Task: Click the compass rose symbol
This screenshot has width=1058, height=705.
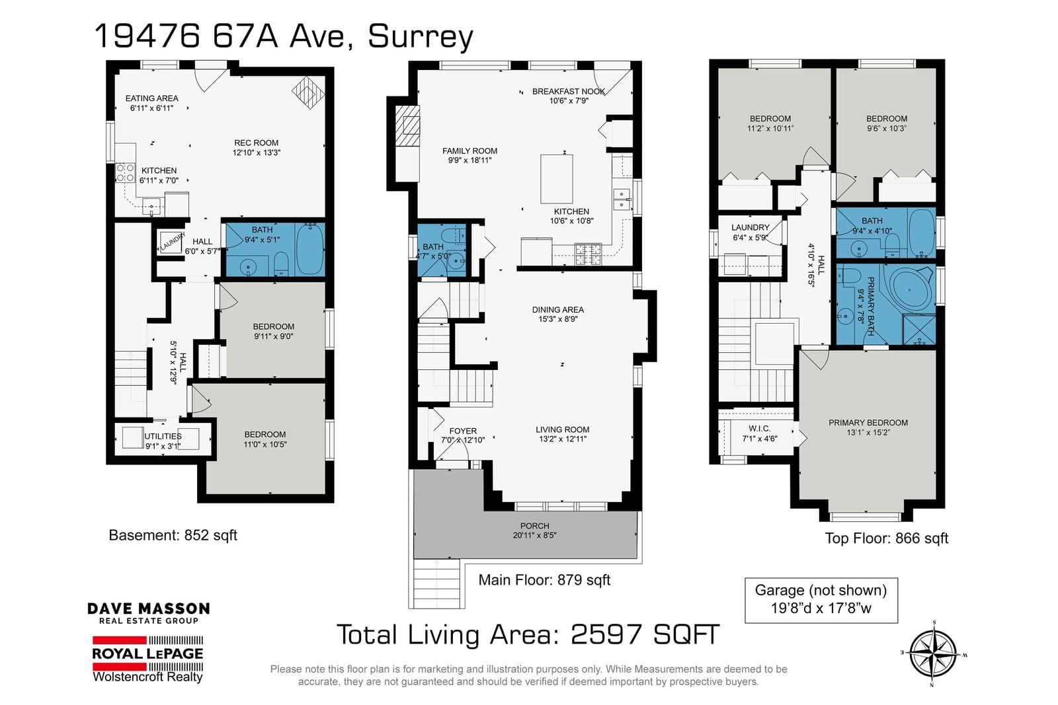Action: pyautogui.click(x=933, y=654)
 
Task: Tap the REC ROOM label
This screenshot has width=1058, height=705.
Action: pyautogui.click(x=256, y=143)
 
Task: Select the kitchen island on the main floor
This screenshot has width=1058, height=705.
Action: pyautogui.click(x=556, y=179)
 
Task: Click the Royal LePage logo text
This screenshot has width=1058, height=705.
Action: pyautogui.click(x=147, y=653)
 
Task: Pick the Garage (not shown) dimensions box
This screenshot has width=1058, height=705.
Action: pyautogui.click(x=821, y=600)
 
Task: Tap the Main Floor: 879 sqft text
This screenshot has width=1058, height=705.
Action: pyautogui.click(x=544, y=579)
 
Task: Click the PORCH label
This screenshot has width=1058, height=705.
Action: pyautogui.click(x=535, y=526)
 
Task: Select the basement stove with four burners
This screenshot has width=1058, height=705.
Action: pyautogui.click(x=125, y=172)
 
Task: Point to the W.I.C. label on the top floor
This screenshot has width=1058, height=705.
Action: pyautogui.click(x=760, y=428)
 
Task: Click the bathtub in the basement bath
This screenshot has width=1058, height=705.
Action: pyautogui.click(x=309, y=248)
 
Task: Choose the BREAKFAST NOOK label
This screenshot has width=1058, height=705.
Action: pyautogui.click(x=569, y=92)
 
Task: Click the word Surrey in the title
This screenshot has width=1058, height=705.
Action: pyautogui.click(x=421, y=37)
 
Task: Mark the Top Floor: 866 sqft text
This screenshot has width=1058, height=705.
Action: pyautogui.click(x=886, y=538)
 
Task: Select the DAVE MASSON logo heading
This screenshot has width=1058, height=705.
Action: pyautogui.click(x=148, y=609)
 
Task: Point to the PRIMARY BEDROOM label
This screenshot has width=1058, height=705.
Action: pyautogui.click(x=868, y=423)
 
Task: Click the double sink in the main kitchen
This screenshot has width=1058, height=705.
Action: pyautogui.click(x=622, y=200)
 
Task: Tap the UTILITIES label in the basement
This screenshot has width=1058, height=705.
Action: pyautogui.click(x=163, y=437)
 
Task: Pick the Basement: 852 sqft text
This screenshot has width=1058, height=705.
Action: pyautogui.click(x=173, y=535)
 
